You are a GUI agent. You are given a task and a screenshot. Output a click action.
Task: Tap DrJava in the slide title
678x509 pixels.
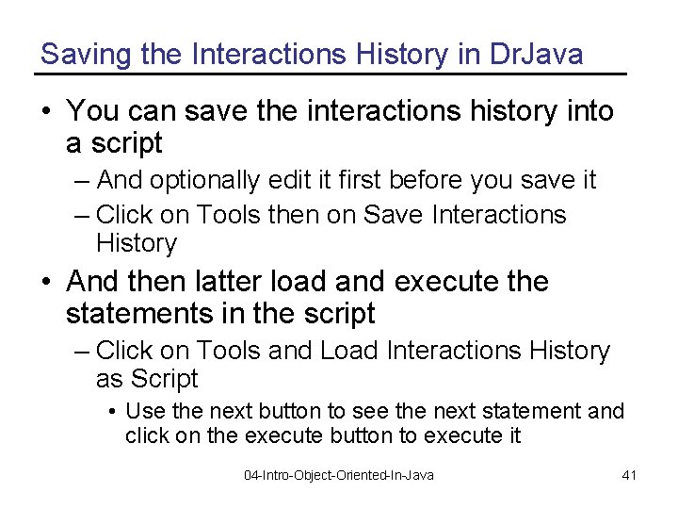coord(537,55)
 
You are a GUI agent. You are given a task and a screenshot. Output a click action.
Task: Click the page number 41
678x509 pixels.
coord(630,475)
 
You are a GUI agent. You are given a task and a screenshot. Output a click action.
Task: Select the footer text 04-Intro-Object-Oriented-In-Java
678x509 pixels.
coord(339,475)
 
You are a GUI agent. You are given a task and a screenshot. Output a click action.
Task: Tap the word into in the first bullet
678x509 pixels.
coord(589,111)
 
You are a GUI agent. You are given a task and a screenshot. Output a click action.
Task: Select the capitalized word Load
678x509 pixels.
coord(350,351)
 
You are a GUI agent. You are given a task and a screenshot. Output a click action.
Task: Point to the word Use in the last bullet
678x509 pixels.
coord(141,411)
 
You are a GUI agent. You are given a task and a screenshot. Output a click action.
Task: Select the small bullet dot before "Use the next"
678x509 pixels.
coord(113,412)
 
